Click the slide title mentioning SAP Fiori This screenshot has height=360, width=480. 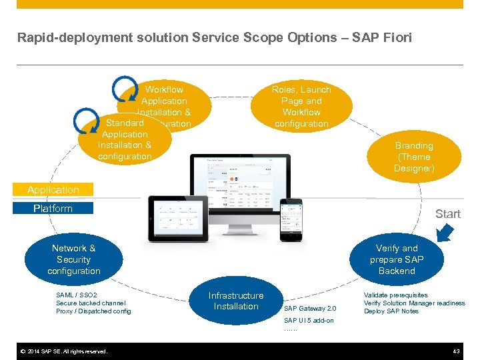tap(215, 37)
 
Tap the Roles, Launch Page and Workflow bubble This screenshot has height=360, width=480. tap(301, 107)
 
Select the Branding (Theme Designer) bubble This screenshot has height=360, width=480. tap(414, 157)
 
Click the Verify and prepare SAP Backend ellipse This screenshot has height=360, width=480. tap(396, 259)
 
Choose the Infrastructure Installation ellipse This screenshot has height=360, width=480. tap(235, 301)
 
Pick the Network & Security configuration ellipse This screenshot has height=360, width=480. tap(73, 259)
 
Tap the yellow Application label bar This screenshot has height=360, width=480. tap(53, 190)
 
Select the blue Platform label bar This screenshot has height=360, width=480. tap(53, 209)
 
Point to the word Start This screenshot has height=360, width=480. tap(447, 214)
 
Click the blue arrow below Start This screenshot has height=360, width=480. tap(444, 232)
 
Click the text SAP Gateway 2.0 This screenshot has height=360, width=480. tap(310, 309)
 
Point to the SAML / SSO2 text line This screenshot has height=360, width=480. tap(77, 295)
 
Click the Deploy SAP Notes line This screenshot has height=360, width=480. tap(391, 311)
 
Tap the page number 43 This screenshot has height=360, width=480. tap(456, 351)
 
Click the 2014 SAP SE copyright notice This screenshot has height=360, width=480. tap(63, 351)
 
